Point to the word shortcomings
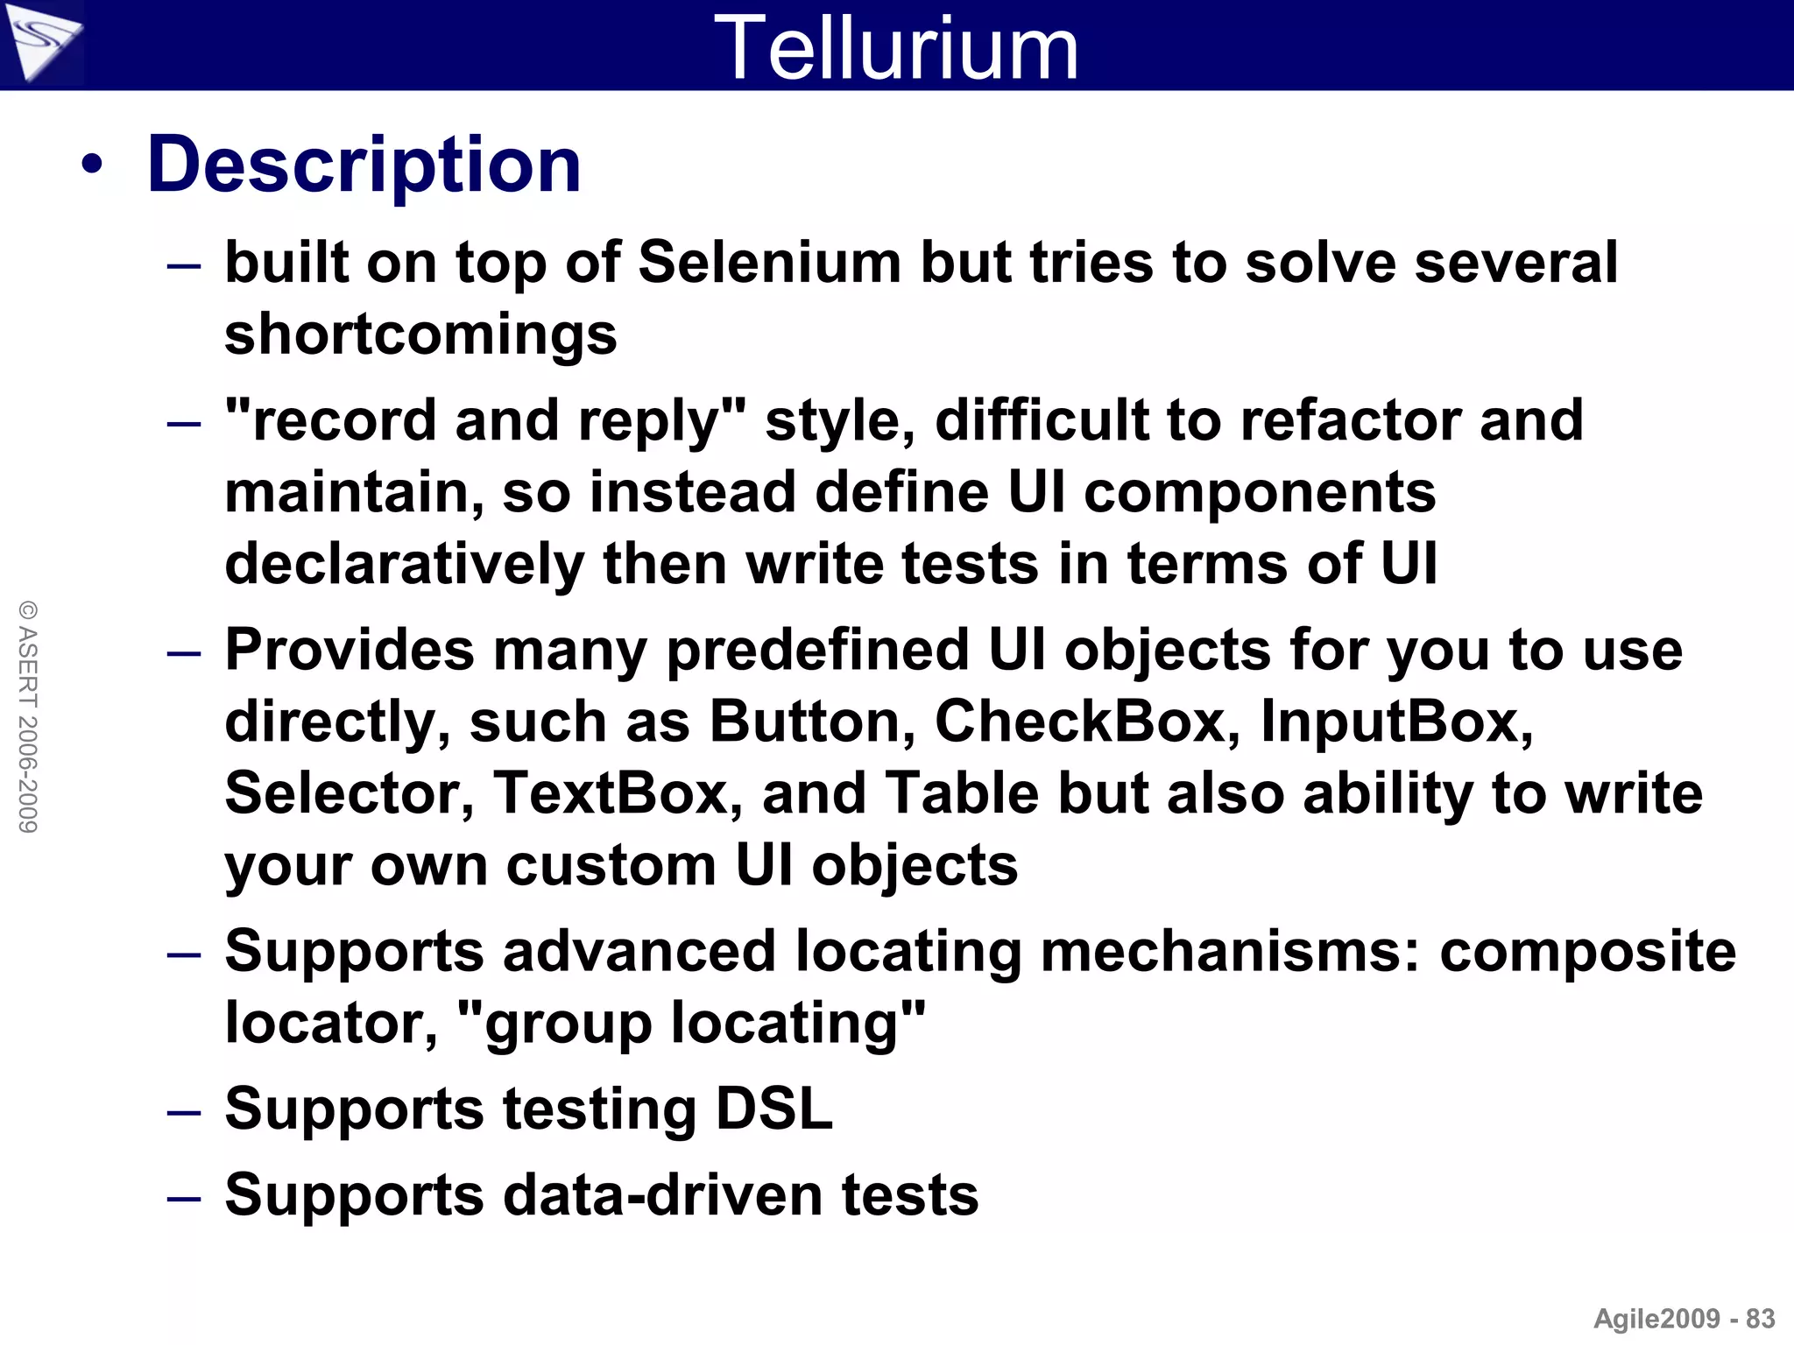coord(420,334)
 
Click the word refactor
coord(1351,420)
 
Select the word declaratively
coord(405,563)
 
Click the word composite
coord(1587,951)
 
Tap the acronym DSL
coord(773,1109)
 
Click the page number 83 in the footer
coord(1760,1319)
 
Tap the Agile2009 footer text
coord(1656,1319)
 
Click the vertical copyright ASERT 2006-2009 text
coord(28,716)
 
